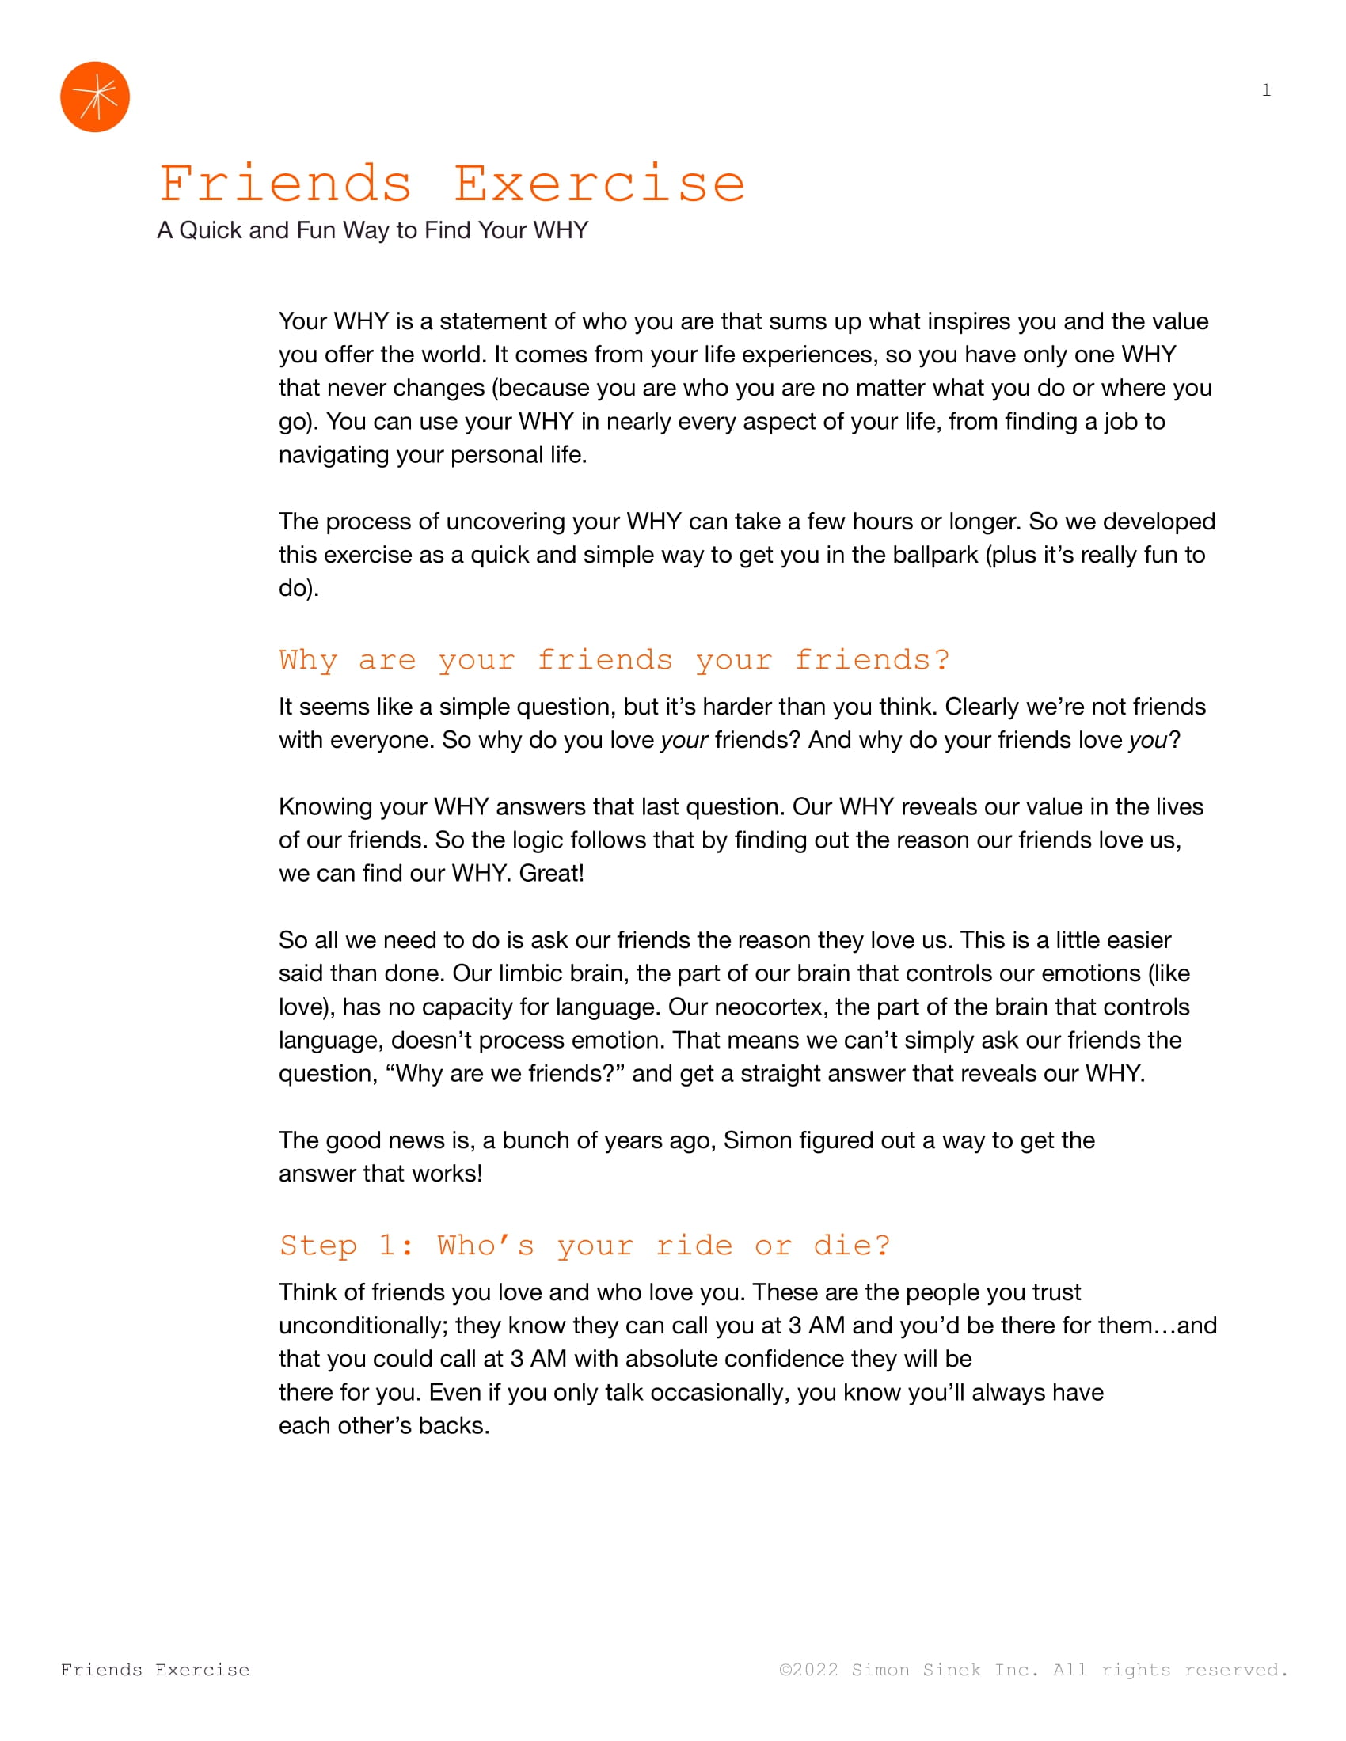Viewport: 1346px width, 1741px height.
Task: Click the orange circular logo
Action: click(95, 97)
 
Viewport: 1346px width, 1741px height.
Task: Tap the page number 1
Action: click(1265, 90)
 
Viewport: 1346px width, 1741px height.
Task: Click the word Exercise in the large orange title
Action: click(599, 184)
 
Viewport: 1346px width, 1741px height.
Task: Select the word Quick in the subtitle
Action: click(211, 230)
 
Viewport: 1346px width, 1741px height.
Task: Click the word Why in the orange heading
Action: click(309, 660)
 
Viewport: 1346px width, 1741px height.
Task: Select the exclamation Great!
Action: click(551, 873)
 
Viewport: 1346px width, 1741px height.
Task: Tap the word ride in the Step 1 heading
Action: click(694, 1245)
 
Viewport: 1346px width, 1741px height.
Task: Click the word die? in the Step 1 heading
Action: click(851, 1245)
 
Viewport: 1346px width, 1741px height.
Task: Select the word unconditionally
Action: click(362, 1325)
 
